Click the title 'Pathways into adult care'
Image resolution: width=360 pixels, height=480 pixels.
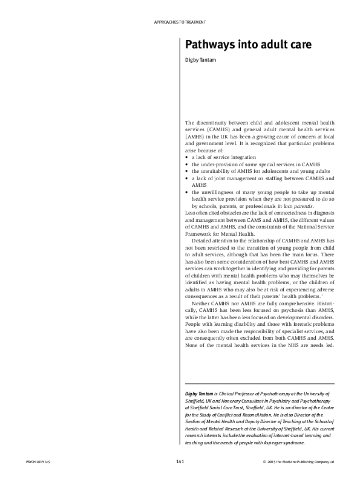point(235,46)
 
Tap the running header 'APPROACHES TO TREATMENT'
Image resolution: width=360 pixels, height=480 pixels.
point(181,22)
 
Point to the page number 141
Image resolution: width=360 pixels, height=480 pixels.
point(180,462)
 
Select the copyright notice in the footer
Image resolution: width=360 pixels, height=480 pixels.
point(299,462)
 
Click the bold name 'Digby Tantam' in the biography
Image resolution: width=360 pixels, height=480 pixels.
point(200,394)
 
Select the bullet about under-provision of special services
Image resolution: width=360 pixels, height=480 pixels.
point(255,164)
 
